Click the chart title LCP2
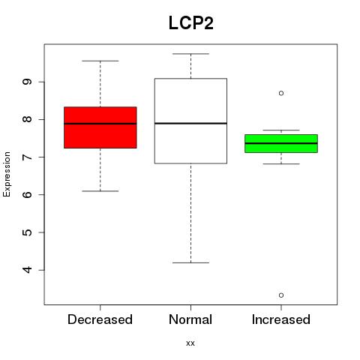191,23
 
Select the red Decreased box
100,127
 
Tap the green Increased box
281,143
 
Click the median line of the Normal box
190,123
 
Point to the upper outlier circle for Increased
281,93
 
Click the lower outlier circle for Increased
281,295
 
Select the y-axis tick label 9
27,82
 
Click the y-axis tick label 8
27,119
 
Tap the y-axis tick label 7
27,157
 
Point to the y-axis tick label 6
27,194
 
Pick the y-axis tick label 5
27,232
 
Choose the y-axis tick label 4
27,270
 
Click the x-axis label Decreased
100,319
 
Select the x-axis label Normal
190,319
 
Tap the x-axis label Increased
281,319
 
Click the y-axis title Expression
7,174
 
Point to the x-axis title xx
190,343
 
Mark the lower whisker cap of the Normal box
190,262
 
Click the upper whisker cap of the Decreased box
100,61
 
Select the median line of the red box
100,124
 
